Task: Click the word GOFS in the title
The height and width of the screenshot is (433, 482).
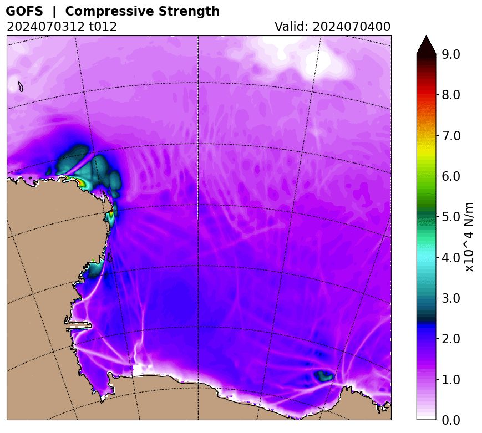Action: click(24, 11)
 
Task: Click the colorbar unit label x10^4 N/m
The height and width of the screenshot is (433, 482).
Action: click(470, 237)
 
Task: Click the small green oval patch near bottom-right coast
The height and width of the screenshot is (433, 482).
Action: click(323, 376)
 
